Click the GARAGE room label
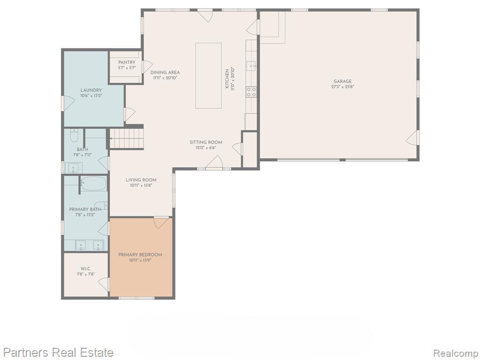click(x=343, y=81)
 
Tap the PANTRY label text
click(x=127, y=62)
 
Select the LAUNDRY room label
click(x=91, y=90)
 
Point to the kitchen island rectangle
click(x=209, y=75)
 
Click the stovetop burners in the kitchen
click(x=251, y=92)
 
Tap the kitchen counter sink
click(x=251, y=66)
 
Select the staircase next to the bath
click(x=127, y=138)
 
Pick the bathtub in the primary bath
click(x=94, y=184)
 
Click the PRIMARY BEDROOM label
click(x=140, y=255)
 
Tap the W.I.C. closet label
click(x=86, y=269)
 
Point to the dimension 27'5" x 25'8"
click(x=343, y=87)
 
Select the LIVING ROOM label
click(x=141, y=180)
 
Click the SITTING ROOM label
click(x=206, y=142)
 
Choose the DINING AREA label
click(x=165, y=73)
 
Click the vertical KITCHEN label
click(x=227, y=79)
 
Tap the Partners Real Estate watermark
click(x=58, y=352)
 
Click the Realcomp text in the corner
click(x=456, y=353)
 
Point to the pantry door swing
click(x=147, y=67)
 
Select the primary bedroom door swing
click(x=161, y=223)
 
